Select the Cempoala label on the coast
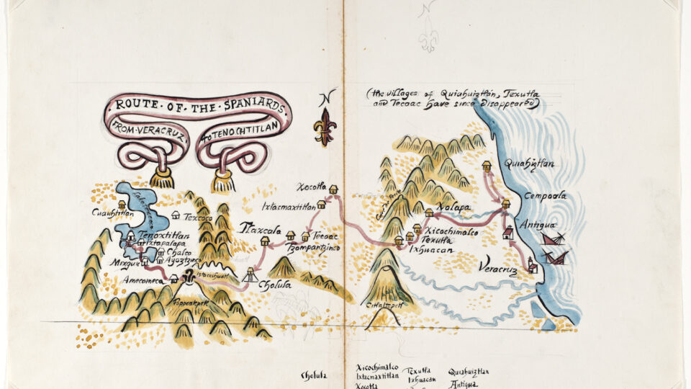546,195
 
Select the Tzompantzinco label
312,247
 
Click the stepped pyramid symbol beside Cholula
250,274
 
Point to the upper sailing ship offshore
552,237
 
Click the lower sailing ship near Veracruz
556,257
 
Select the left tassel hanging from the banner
161,177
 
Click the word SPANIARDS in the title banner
249,108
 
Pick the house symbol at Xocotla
333,189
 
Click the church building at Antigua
507,232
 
